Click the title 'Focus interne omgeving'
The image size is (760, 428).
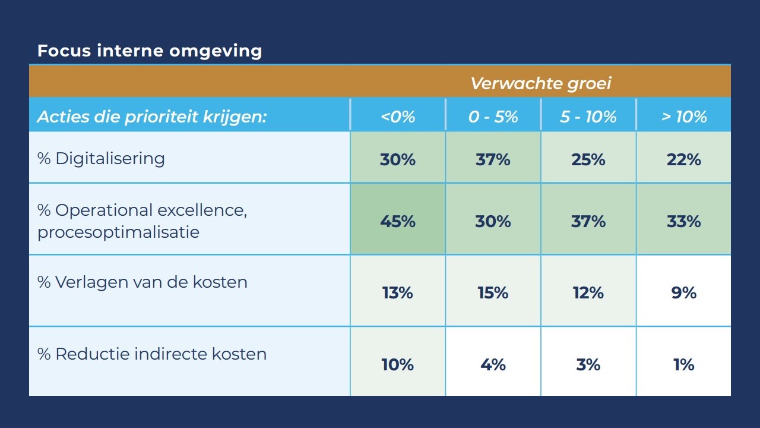point(150,51)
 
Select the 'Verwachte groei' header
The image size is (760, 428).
point(540,83)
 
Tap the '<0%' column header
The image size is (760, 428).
point(398,117)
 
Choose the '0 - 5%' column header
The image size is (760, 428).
point(493,117)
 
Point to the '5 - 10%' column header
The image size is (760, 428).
point(588,117)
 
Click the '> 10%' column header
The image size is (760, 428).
point(684,117)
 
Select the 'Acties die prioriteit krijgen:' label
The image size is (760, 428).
point(152,117)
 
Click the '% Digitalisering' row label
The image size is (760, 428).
point(101,159)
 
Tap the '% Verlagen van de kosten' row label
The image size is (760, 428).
point(142,282)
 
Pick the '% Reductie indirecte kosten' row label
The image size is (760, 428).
point(152,354)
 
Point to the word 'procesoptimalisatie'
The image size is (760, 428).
point(118,232)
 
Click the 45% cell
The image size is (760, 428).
point(398,222)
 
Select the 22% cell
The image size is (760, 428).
point(684,159)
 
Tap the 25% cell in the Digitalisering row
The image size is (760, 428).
point(588,159)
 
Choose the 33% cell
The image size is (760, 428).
point(684,222)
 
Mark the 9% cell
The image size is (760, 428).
point(684,293)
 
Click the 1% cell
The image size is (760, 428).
point(684,364)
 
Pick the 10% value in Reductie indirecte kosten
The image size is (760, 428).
point(398,364)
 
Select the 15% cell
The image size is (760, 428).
point(493,293)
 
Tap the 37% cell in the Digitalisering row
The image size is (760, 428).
point(493,159)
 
